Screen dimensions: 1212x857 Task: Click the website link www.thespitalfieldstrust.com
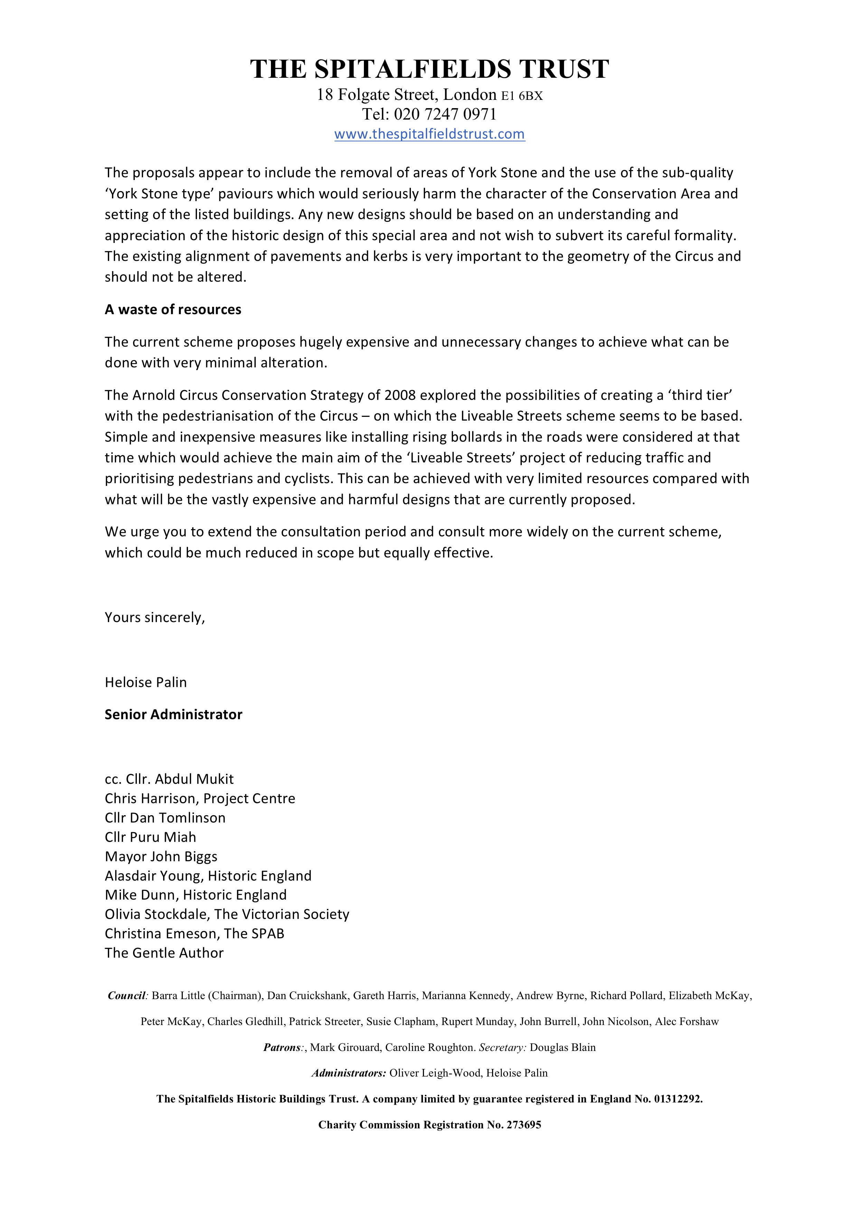pos(430,134)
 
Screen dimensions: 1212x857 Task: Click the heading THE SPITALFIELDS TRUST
pos(430,69)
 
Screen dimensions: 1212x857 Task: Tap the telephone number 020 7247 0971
pos(445,114)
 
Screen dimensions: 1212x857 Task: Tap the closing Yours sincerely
pos(154,618)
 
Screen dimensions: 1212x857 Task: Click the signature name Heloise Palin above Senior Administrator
pos(145,683)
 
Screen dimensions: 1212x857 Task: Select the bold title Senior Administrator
pos(173,715)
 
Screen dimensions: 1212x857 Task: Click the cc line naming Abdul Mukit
pos(169,779)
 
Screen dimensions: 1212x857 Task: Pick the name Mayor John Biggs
pos(161,856)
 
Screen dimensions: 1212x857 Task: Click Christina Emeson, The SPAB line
pos(194,933)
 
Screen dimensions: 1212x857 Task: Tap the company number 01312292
pos(678,1099)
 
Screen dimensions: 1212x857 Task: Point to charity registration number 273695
pos(524,1125)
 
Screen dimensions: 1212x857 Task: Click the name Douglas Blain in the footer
pos(563,1047)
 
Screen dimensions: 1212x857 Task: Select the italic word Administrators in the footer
pos(349,1073)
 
